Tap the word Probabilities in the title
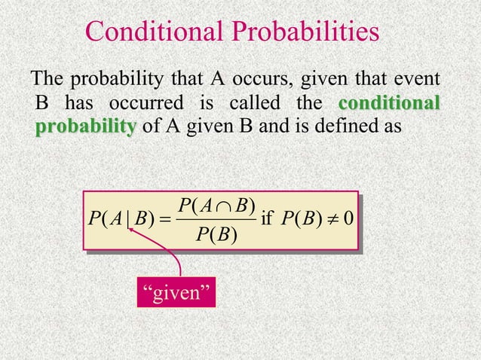coord(304,32)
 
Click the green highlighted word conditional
coord(391,102)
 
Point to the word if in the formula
coord(265,219)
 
